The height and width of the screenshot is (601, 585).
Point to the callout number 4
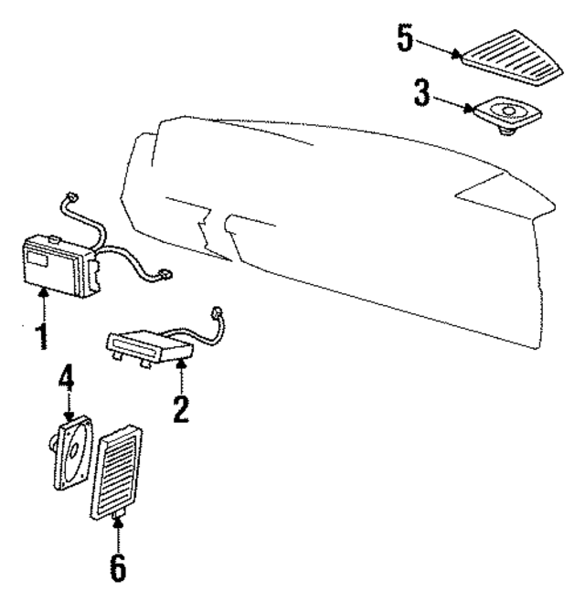coord(66,378)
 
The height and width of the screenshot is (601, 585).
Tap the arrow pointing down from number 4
coord(67,406)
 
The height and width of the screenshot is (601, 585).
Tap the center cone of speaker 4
coord(78,450)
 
